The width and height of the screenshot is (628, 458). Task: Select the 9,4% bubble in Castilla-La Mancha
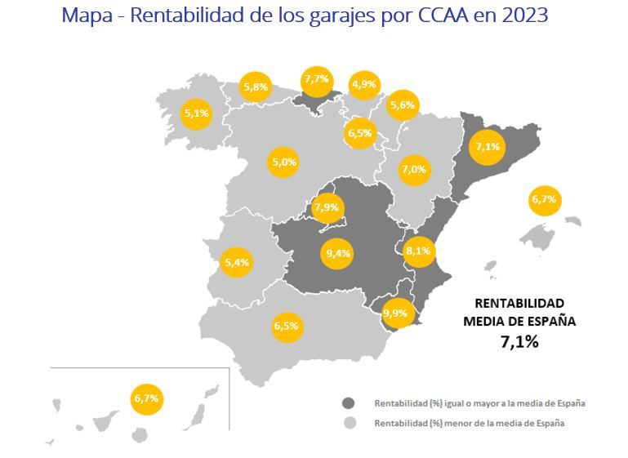[x=337, y=253]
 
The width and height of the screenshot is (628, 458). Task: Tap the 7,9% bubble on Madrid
[x=326, y=207]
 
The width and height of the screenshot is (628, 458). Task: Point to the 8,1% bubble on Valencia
[x=418, y=251]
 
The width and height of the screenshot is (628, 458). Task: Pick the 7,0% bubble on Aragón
[x=414, y=170]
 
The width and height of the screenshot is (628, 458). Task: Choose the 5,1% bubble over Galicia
[x=197, y=114]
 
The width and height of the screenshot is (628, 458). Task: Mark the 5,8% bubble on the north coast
[x=256, y=86]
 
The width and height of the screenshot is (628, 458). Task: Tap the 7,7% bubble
[x=316, y=79]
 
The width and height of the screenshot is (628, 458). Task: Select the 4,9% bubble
[x=363, y=84]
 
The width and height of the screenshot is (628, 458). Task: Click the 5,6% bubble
[x=403, y=104]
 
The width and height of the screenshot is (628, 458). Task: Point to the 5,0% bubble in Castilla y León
[x=284, y=162]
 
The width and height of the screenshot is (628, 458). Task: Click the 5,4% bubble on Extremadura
[x=237, y=263]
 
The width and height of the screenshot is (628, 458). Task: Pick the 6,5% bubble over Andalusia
[x=286, y=327]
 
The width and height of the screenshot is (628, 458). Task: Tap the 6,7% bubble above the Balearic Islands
[x=544, y=199]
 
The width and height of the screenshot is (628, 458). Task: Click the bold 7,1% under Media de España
[x=519, y=342]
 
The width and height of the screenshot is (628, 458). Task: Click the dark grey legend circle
[x=349, y=403]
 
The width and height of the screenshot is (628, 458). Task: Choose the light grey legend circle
[x=349, y=424]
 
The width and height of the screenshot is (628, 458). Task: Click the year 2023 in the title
[x=519, y=16]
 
